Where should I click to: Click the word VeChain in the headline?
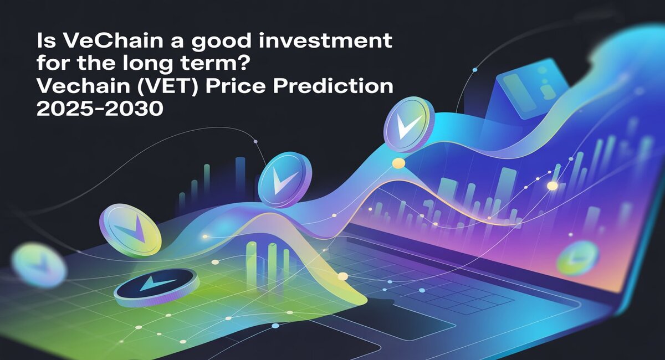tap(113, 41)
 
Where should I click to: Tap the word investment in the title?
tap(325, 41)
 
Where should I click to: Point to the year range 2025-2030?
tap(100, 109)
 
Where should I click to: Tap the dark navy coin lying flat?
tap(157, 287)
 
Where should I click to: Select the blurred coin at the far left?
tap(39, 265)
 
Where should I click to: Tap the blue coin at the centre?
tap(284, 179)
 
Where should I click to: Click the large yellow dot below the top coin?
tap(398, 163)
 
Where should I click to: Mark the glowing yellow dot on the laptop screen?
tap(552, 186)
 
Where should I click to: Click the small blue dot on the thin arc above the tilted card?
tap(475, 70)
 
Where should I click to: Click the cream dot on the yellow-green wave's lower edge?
tap(343, 276)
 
